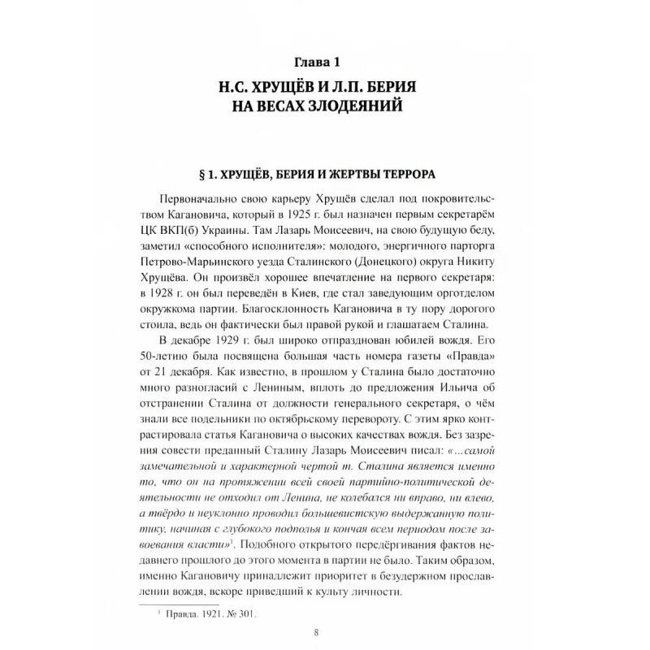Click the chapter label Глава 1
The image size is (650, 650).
pyautogui.click(x=324, y=61)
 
